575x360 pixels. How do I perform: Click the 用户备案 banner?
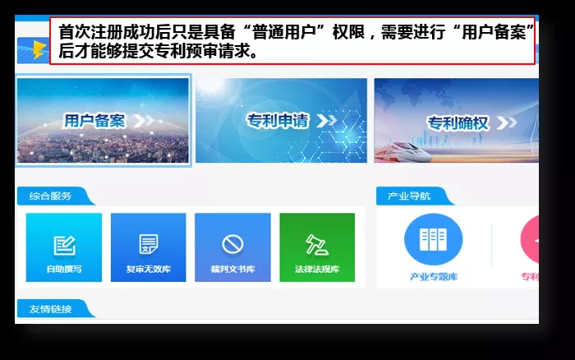coord(103,120)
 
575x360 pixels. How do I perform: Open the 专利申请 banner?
coord(281,120)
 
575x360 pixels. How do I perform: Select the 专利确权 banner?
coord(457,120)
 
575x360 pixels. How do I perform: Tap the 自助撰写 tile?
coord(64,247)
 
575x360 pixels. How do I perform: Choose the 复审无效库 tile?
coord(149,247)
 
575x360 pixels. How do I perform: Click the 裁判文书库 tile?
coord(232,247)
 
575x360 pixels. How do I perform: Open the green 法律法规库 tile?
coord(317,247)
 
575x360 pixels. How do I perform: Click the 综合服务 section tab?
coord(52,196)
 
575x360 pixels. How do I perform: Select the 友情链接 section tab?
coord(52,309)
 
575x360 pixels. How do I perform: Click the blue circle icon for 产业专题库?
coord(433,239)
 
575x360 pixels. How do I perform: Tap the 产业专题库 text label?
coord(434,276)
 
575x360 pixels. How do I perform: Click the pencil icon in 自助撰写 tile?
coord(64,244)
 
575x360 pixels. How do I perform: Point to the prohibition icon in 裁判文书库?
coord(232,244)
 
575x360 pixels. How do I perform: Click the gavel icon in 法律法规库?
coord(317,244)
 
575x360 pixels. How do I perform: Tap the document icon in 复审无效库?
coord(149,244)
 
